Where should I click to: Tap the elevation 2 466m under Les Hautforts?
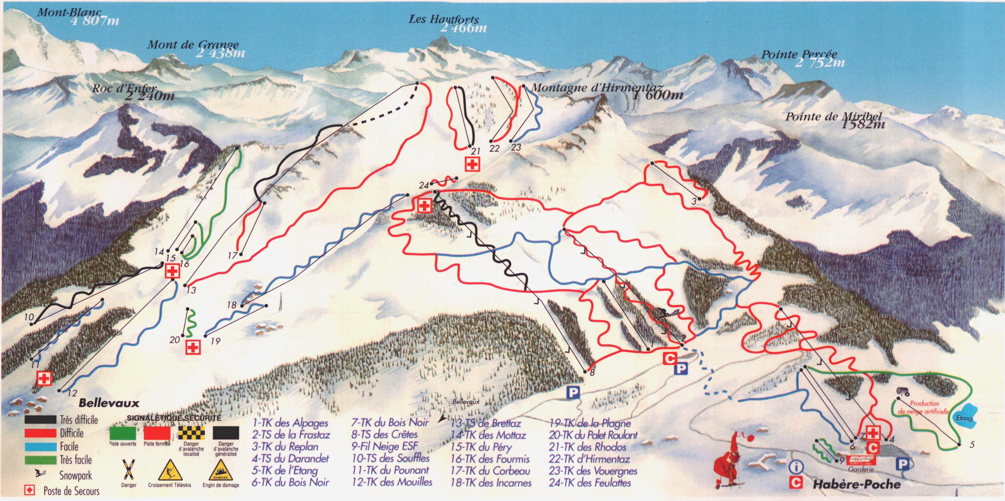coord(464,28)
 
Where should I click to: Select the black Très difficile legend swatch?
coord(40,419)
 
